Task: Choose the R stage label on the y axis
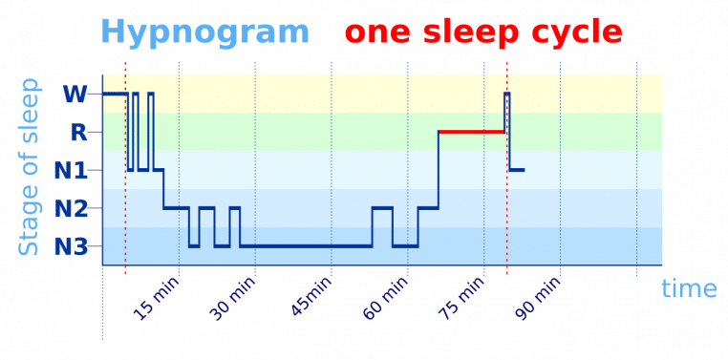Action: pos(79,132)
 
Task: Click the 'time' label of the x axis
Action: pos(689,288)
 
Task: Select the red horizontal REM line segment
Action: pos(471,131)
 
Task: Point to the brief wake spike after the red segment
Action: pos(507,100)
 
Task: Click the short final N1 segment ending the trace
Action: pos(517,170)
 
